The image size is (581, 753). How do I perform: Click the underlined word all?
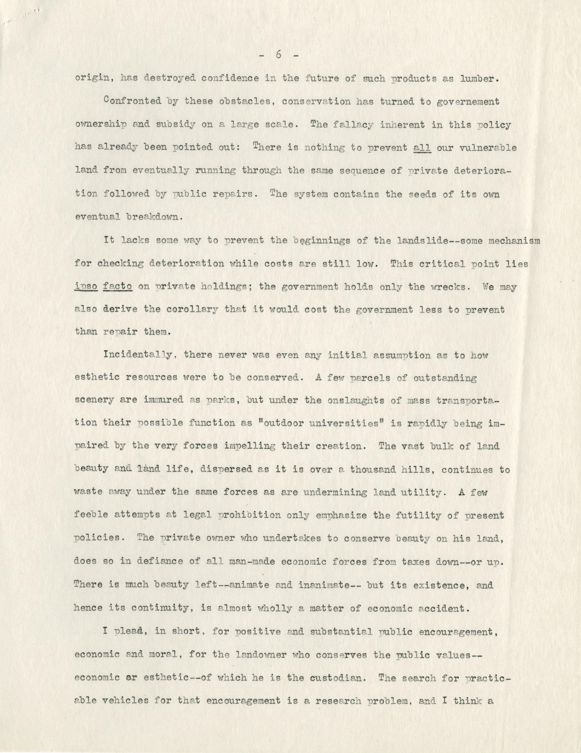pos(422,148)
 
